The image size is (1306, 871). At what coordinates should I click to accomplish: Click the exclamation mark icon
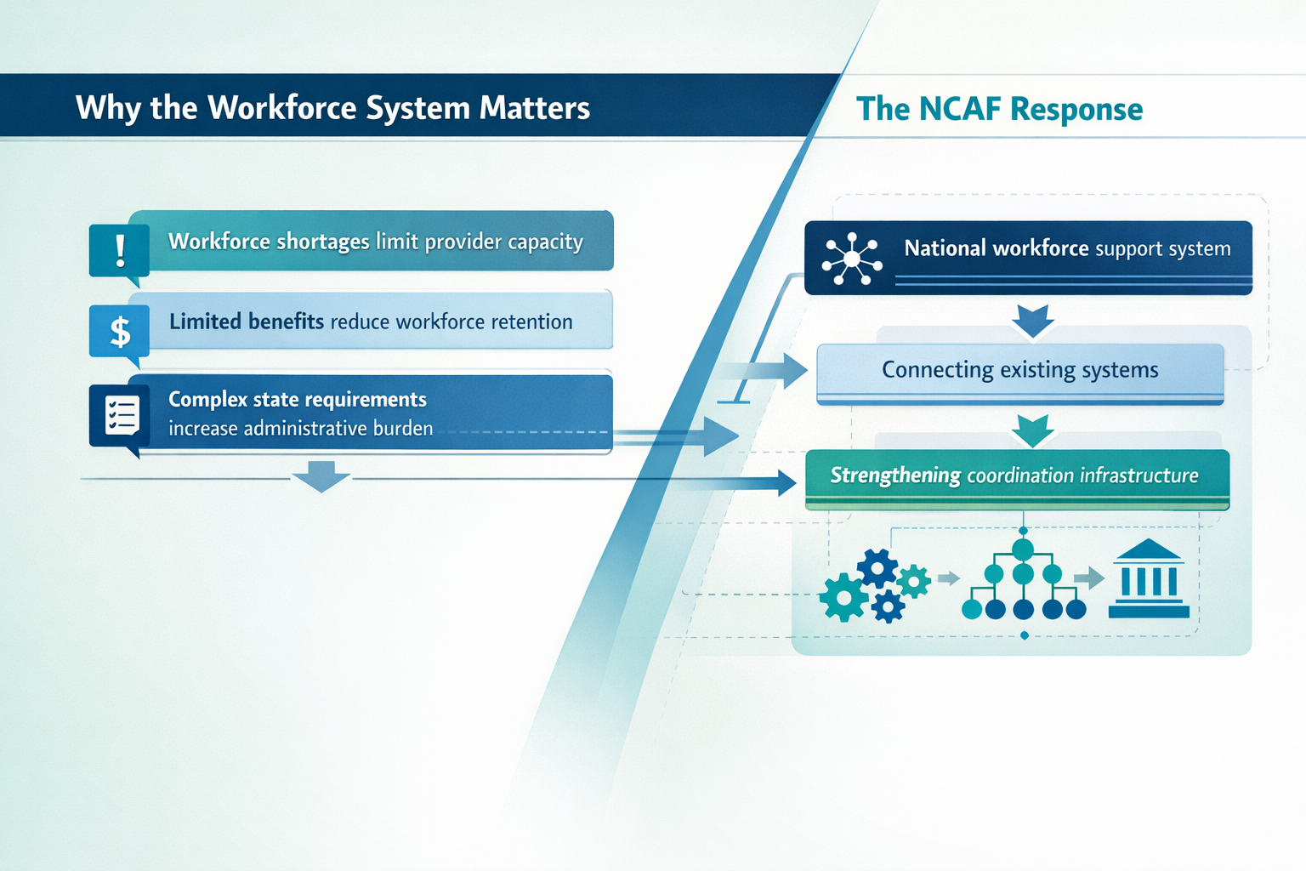[x=120, y=249]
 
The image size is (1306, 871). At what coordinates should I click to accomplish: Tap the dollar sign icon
[x=120, y=331]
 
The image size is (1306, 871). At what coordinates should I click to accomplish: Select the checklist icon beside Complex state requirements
[x=121, y=415]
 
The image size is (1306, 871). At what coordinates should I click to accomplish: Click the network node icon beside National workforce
[x=852, y=258]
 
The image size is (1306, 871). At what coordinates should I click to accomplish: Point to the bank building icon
[x=1149, y=578]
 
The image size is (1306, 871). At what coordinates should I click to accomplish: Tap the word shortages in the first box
[x=322, y=242]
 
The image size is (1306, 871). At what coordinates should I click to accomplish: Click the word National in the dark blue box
[x=945, y=248]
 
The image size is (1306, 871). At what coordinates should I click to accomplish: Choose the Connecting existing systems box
[x=1019, y=371]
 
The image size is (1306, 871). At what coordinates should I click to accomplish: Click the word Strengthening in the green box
[x=895, y=475]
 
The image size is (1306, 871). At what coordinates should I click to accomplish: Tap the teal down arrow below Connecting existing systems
[x=1033, y=430]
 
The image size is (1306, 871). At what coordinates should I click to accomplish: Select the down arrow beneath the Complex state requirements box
[x=321, y=476]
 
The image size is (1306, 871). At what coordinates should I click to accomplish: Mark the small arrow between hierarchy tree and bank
[x=1089, y=579]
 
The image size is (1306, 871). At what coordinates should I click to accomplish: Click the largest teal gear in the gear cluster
[x=843, y=597]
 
